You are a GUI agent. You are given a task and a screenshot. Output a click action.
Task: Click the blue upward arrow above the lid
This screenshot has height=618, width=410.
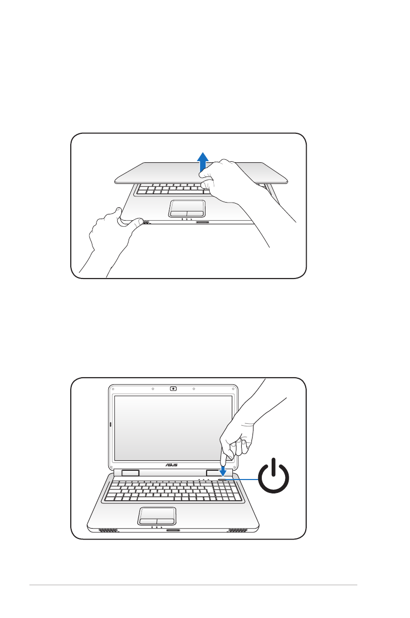click(x=204, y=161)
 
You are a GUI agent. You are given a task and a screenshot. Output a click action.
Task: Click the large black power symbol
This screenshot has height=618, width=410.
click(x=274, y=478)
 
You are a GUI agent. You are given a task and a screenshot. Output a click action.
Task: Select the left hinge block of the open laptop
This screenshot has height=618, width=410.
click(x=131, y=473)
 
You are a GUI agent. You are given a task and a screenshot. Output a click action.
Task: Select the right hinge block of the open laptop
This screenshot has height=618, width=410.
click(x=213, y=473)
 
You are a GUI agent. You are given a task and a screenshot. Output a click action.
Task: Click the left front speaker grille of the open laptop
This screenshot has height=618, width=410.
click(x=108, y=530)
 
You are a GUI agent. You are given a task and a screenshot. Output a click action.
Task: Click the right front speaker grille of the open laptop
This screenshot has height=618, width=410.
click(x=238, y=530)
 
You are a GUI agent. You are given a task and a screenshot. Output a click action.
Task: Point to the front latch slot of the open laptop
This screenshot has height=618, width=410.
click(x=173, y=530)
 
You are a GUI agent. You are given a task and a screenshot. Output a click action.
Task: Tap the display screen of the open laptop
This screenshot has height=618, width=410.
click(x=172, y=427)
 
